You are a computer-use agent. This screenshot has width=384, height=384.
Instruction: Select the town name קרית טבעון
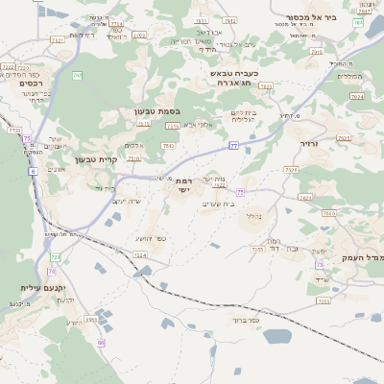(x=95, y=159)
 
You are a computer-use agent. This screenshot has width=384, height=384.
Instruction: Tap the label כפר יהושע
(x=148, y=238)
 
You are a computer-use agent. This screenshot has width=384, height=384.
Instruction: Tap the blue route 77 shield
(x=233, y=146)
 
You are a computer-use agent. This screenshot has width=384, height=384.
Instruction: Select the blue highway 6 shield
(x=33, y=170)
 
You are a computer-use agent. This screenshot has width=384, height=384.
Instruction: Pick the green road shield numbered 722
(x=56, y=257)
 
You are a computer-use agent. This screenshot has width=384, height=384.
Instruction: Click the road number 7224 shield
(x=140, y=255)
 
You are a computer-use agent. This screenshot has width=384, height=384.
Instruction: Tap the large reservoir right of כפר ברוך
(x=276, y=336)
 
